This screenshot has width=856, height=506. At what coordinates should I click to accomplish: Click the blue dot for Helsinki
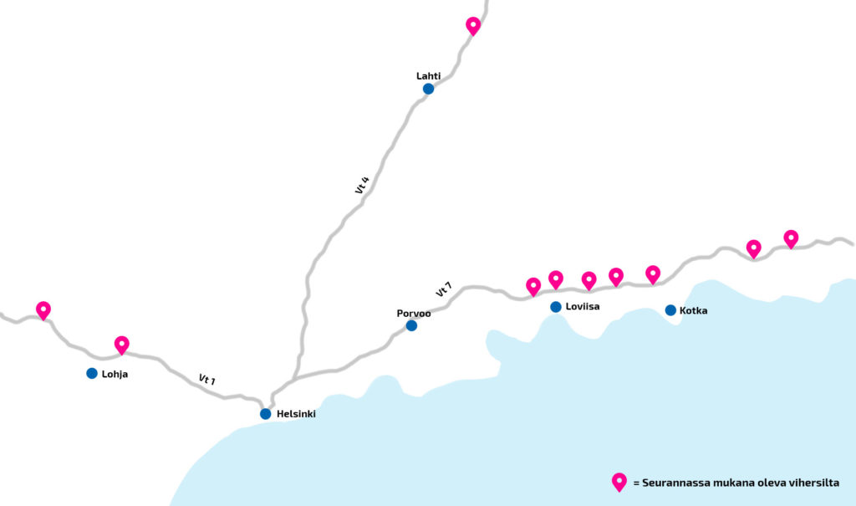pyautogui.click(x=265, y=414)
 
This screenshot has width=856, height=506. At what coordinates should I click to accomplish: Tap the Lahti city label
pyautogui.click(x=428, y=76)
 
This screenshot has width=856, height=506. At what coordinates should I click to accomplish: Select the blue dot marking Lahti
pyautogui.click(x=429, y=89)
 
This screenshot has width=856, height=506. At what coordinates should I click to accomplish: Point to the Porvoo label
pyautogui.click(x=413, y=313)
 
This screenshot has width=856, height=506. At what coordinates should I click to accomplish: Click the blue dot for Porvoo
pyautogui.click(x=411, y=325)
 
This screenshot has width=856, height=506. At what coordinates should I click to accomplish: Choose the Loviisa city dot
pyautogui.click(x=556, y=307)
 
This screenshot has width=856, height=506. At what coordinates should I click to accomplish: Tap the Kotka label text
pyautogui.click(x=693, y=310)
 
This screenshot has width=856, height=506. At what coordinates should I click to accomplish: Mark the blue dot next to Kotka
pyautogui.click(x=670, y=310)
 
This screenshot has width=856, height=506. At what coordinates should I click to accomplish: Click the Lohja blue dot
pyautogui.click(x=92, y=373)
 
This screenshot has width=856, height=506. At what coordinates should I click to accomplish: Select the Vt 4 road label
pyautogui.click(x=362, y=185)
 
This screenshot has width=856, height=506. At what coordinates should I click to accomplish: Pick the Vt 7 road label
pyautogui.click(x=444, y=289)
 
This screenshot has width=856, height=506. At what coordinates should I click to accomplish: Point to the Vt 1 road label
pyautogui.click(x=207, y=379)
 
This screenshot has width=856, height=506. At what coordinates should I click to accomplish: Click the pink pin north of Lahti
pyautogui.click(x=473, y=26)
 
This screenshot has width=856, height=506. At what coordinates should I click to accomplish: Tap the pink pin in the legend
pyautogui.click(x=619, y=482)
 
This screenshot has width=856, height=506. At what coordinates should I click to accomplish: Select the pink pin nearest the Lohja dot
pyautogui.click(x=122, y=345)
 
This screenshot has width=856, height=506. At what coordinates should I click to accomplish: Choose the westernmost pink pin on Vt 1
pyautogui.click(x=43, y=309)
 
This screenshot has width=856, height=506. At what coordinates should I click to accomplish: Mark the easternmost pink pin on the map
pyautogui.click(x=791, y=239)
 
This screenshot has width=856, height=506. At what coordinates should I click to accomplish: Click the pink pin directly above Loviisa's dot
pyautogui.click(x=556, y=279)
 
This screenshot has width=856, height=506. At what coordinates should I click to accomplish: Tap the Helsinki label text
pyautogui.click(x=296, y=414)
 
